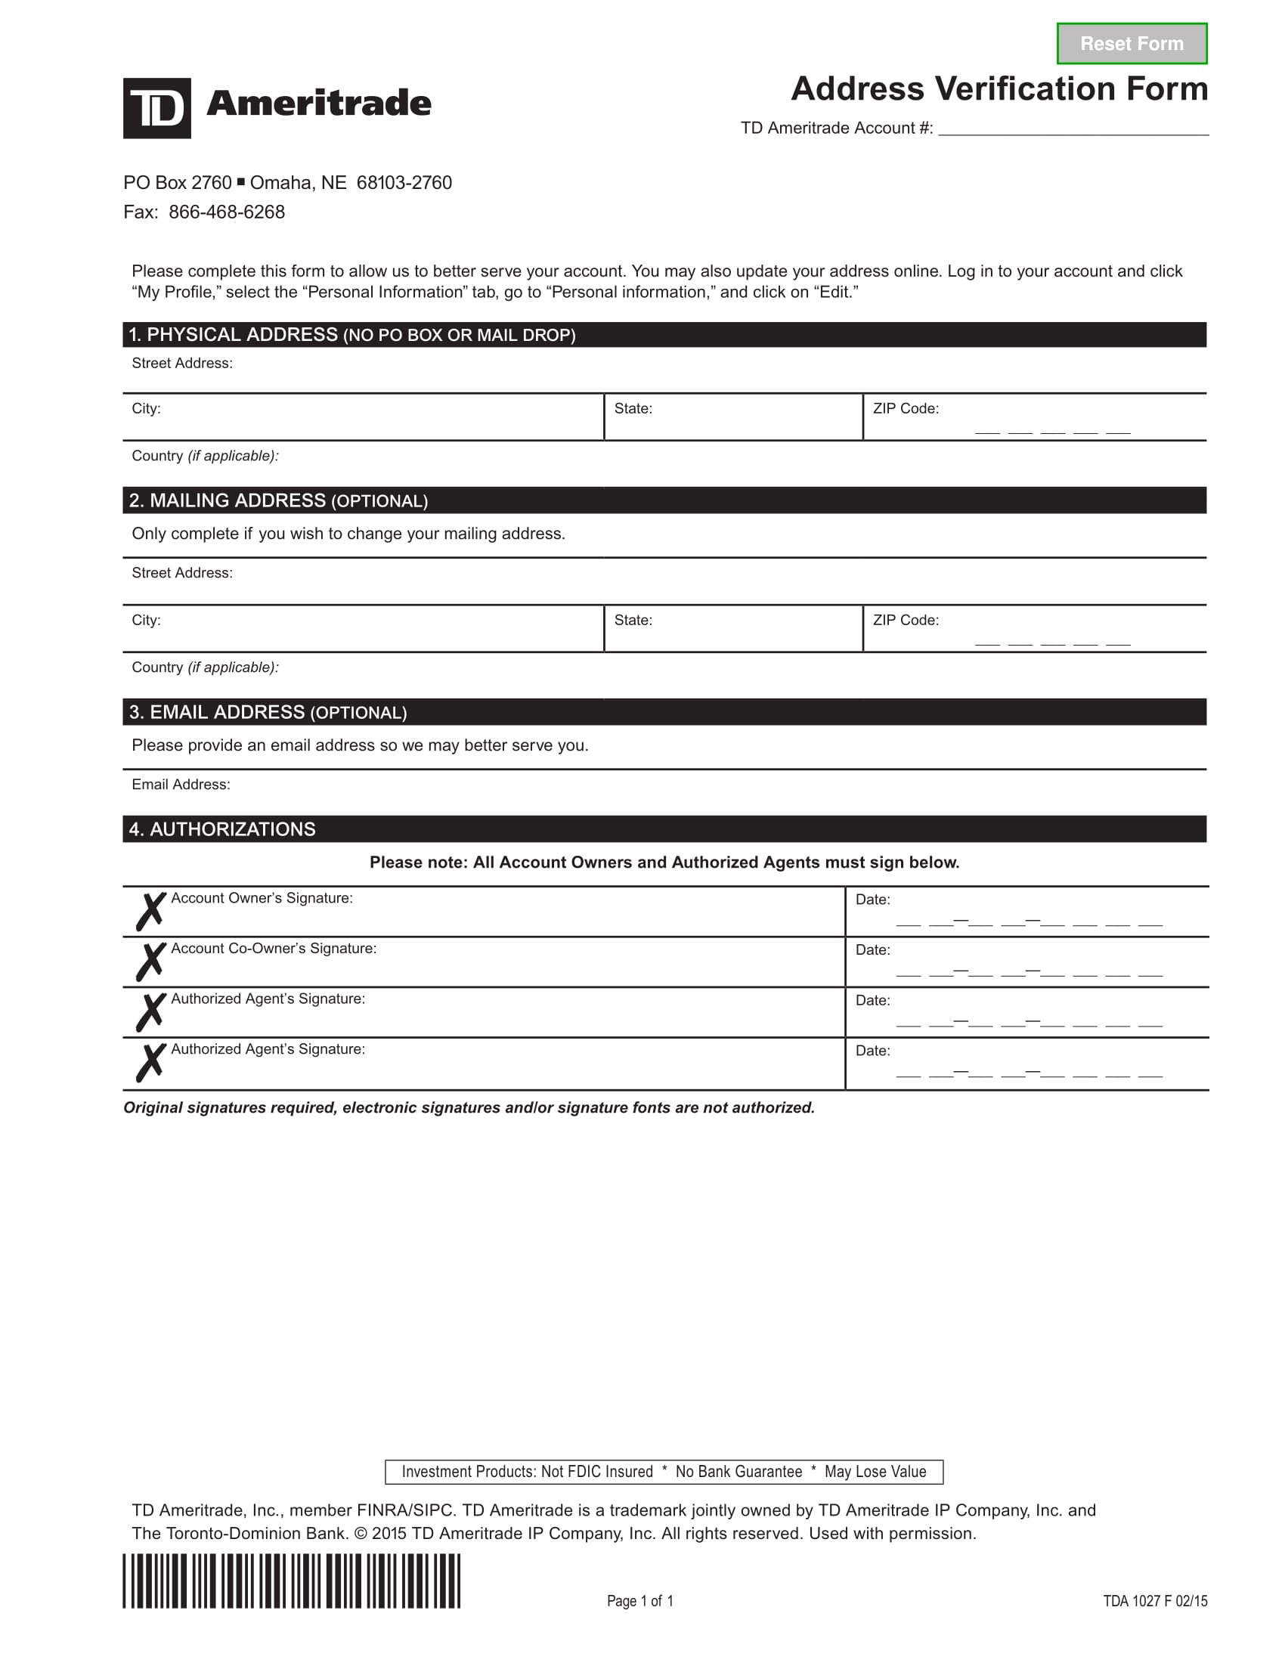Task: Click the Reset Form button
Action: (x=1132, y=43)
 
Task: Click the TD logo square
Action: (x=156, y=108)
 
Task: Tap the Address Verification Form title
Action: (x=999, y=89)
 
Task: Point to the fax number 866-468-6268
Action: (x=227, y=212)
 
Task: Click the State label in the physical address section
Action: (x=633, y=409)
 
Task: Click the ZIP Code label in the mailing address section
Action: (x=905, y=621)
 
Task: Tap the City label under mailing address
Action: (x=146, y=621)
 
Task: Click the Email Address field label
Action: (x=181, y=785)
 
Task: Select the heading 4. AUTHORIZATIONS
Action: (x=221, y=829)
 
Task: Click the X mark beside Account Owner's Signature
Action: (x=150, y=912)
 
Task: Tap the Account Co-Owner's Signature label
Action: (x=274, y=949)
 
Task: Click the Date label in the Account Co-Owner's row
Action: (x=872, y=950)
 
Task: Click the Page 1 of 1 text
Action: (x=639, y=1600)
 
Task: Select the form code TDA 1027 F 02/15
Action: (x=1154, y=1600)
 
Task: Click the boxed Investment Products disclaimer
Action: (x=664, y=1472)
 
